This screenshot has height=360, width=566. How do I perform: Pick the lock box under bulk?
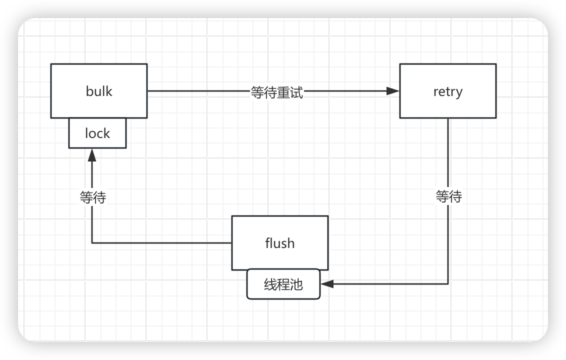click(97, 133)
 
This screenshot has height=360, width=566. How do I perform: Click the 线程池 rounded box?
click(283, 284)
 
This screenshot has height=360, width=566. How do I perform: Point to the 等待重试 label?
click(277, 92)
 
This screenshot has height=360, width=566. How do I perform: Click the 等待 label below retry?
click(448, 196)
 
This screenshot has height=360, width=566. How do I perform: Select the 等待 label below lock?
click(93, 197)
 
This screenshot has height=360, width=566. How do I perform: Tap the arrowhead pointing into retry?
click(393, 91)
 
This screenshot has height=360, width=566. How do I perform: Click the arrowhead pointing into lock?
click(92, 154)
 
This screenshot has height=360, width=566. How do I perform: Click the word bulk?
click(99, 91)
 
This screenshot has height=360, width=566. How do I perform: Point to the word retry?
click(448, 92)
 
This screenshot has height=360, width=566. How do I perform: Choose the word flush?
click(280, 243)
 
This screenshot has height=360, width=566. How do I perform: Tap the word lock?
click(97, 133)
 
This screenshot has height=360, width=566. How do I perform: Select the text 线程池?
click(283, 284)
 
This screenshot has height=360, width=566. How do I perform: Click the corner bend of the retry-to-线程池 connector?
click(448, 284)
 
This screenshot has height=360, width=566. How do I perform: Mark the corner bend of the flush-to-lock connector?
click(92, 243)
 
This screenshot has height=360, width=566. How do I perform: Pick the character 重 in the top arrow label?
click(283, 92)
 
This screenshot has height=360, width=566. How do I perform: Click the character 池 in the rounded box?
click(296, 284)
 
